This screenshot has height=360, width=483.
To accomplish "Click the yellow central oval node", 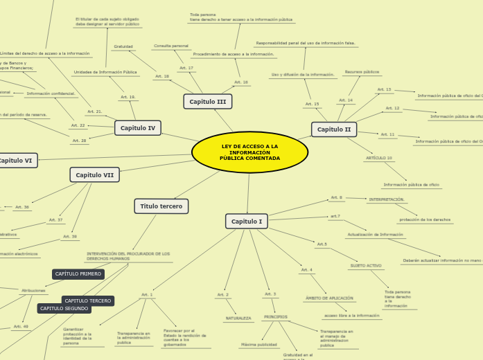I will coord(249,152).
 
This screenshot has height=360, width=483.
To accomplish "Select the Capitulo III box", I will coord(207,102).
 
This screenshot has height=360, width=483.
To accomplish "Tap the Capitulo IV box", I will coord(138,128).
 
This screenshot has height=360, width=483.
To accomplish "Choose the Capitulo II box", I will coord(333,129).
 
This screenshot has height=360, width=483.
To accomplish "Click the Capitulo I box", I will coord(246,222).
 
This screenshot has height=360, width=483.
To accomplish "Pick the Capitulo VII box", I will coord(94,175).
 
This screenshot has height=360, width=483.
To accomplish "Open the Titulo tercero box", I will coord(161,206).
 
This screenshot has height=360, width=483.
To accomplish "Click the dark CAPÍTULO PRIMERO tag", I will coord(78,274).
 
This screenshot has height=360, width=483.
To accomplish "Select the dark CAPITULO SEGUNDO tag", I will coord(64,309).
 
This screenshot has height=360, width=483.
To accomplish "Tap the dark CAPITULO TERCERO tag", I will coord(88,301).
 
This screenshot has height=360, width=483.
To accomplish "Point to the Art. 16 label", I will coord(241,82).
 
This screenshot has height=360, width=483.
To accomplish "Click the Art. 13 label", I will coord(384,89).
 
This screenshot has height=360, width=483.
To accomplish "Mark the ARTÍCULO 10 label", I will coord(379,159).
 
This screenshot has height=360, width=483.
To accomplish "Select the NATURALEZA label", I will coord(238,318).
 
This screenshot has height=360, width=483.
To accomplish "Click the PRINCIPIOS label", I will coord(275,317).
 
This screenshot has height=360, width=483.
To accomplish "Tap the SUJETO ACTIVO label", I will coord(365,266).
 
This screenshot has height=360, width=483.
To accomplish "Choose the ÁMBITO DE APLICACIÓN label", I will coord(329,298).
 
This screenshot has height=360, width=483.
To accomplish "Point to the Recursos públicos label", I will coord(362,72).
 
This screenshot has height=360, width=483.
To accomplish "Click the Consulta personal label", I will coord(171,46).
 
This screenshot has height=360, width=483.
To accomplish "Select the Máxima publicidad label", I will coord(259,344).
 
